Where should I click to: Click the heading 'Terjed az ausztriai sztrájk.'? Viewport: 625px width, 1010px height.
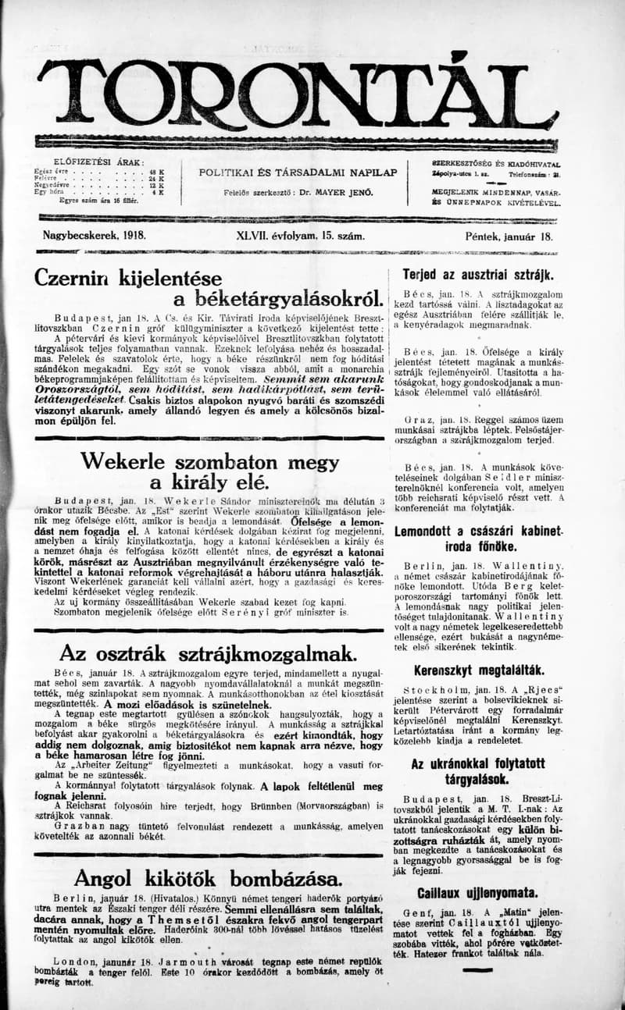(x=477, y=274)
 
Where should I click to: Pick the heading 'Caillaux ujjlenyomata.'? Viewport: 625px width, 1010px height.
(x=477, y=892)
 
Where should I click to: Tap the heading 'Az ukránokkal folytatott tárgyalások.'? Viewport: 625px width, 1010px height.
(x=477, y=770)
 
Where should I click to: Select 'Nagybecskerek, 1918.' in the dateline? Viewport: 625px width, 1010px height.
(x=95, y=234)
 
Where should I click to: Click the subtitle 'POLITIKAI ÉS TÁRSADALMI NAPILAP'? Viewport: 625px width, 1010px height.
(x=298, y=172)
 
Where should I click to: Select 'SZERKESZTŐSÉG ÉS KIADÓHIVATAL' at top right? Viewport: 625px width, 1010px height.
(x=496, y=163)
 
